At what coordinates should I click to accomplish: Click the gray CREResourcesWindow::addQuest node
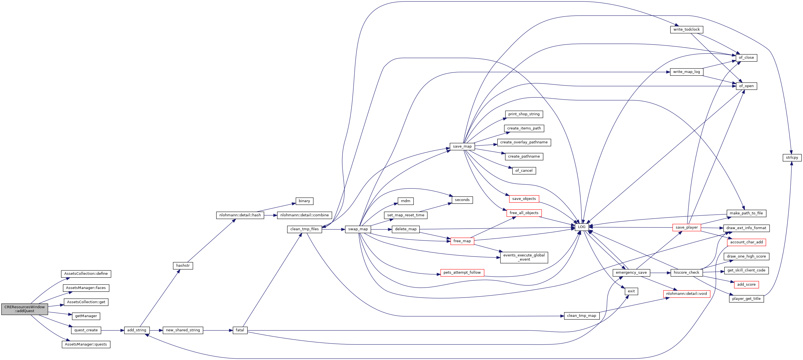click(x=25, y=309)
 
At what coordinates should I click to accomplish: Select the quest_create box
click(x=86, y=330)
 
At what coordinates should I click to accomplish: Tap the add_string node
click(x=137, y=330)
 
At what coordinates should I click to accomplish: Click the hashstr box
click(x=183, y=266)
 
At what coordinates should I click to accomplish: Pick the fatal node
click(x=240, y=330)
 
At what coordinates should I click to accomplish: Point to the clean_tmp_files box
click(x=305, y=229)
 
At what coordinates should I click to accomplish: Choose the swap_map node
click(x=358, y=229)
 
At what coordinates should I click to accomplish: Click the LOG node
click(x=582, y=227)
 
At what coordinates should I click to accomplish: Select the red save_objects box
click(x=524, y=199)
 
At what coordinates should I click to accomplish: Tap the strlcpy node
click(x=792, y=158)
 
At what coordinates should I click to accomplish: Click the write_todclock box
click(x=686, y=30)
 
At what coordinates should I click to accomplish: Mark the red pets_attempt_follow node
click(x=462, y=273)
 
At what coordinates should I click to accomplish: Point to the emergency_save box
click(x=631, y=273)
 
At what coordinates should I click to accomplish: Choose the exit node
click(x=631, y=292)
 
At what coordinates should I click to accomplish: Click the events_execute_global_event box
click(x=524, y=258)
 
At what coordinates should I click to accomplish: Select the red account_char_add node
click(x=746, y=242)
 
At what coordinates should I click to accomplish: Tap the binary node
click(x=304, y=201)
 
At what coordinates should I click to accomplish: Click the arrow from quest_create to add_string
click(x=112, y=330)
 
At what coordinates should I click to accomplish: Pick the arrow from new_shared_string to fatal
click(x=218, y=330)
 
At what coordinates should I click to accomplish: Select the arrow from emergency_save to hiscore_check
click(x=660, y=273)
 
